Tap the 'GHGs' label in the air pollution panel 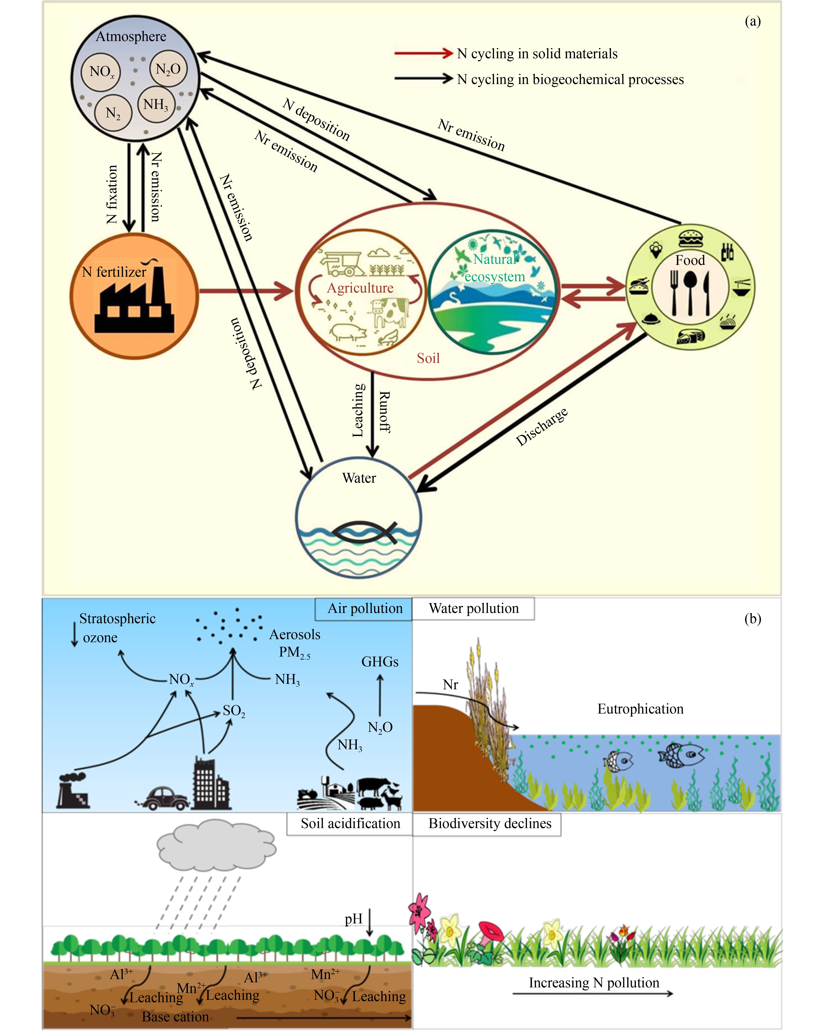[x=380, y=662]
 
